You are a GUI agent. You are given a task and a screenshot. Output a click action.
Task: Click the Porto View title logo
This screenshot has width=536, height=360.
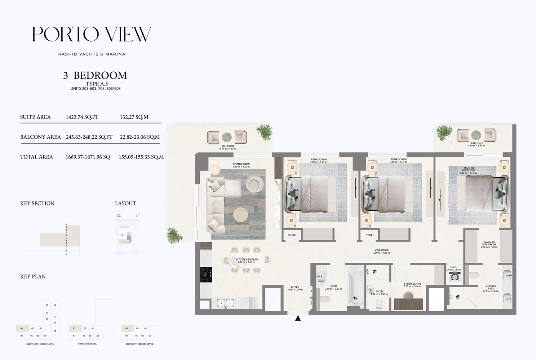click(x=92, y=34)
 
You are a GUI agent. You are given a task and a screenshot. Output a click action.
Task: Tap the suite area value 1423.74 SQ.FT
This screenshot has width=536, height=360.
click(x=82, y=117)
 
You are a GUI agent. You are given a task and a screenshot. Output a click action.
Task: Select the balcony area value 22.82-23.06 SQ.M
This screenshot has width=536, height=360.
click(x=139, y=137)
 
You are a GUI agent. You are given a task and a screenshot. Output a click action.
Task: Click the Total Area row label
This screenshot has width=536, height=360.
click(x=36, y=157)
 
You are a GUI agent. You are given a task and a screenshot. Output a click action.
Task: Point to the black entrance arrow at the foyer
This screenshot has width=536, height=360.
click(x=298, y=318)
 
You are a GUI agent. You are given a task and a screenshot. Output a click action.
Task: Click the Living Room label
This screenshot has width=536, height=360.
click(x=241, y=165)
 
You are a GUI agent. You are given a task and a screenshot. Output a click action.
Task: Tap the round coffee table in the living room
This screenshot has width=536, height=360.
click(x=241, y=215)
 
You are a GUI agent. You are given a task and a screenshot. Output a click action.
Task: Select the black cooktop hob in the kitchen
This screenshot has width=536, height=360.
click(x=206, y=275)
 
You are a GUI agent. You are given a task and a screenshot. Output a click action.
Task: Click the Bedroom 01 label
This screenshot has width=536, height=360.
click(x=319, y=160)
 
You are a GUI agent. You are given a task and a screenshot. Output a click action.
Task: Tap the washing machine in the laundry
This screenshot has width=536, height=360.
click(x=454, y=277)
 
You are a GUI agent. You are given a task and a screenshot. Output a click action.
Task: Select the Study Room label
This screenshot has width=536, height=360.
click(x=412, y=285)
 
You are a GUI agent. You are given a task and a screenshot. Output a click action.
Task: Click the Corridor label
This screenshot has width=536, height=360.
click(x=381, y=251)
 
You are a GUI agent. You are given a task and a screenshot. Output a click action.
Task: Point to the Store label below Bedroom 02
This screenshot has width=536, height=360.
click(x=370, y=235)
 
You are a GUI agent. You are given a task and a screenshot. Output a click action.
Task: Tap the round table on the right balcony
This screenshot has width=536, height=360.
click(x=476, y=135)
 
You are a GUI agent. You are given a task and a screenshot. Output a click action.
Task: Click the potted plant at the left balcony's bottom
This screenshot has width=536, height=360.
click(x=174, y=235)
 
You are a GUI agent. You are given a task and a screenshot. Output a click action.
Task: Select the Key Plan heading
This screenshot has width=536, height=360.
click(x=33, y=276)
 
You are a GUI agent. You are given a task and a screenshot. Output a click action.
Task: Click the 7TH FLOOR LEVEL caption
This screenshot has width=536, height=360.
click(x=87, y=344)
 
